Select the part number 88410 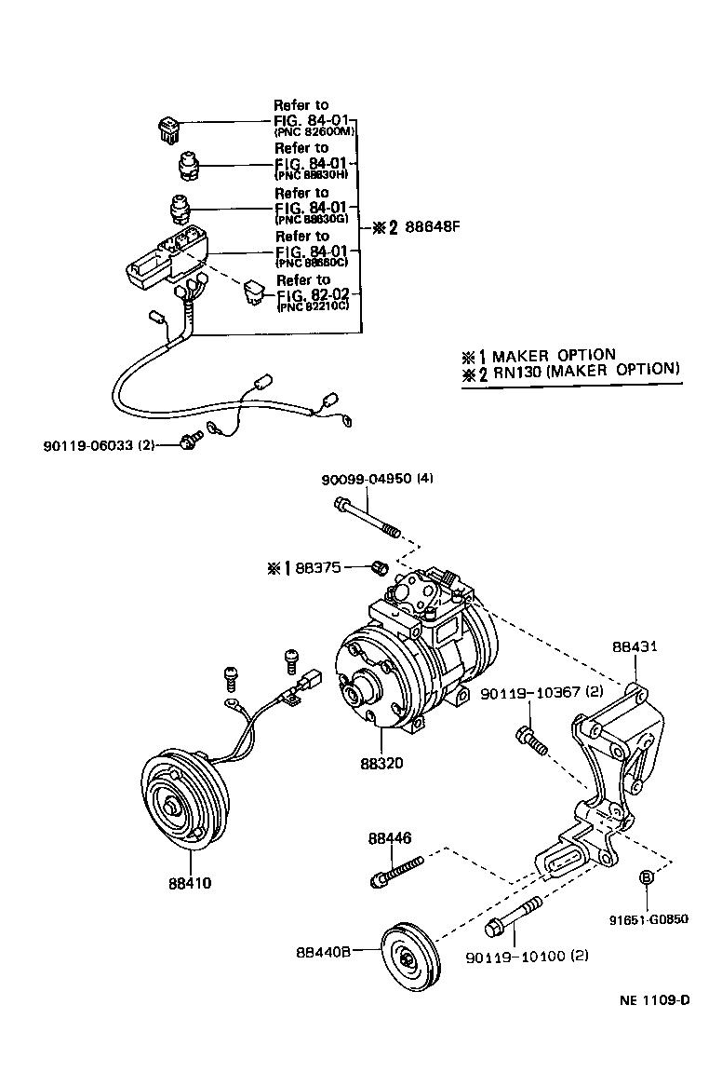click(x=191, y=882)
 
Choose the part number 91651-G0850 click(x=648, y=918)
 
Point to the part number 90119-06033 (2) click(x=99, y=445)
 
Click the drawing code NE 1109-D click(x=655, y=1001)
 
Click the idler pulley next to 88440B click(x=409, y=959)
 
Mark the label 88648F click(x=441, y=226)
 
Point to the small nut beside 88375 click(x=379, y=566)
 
